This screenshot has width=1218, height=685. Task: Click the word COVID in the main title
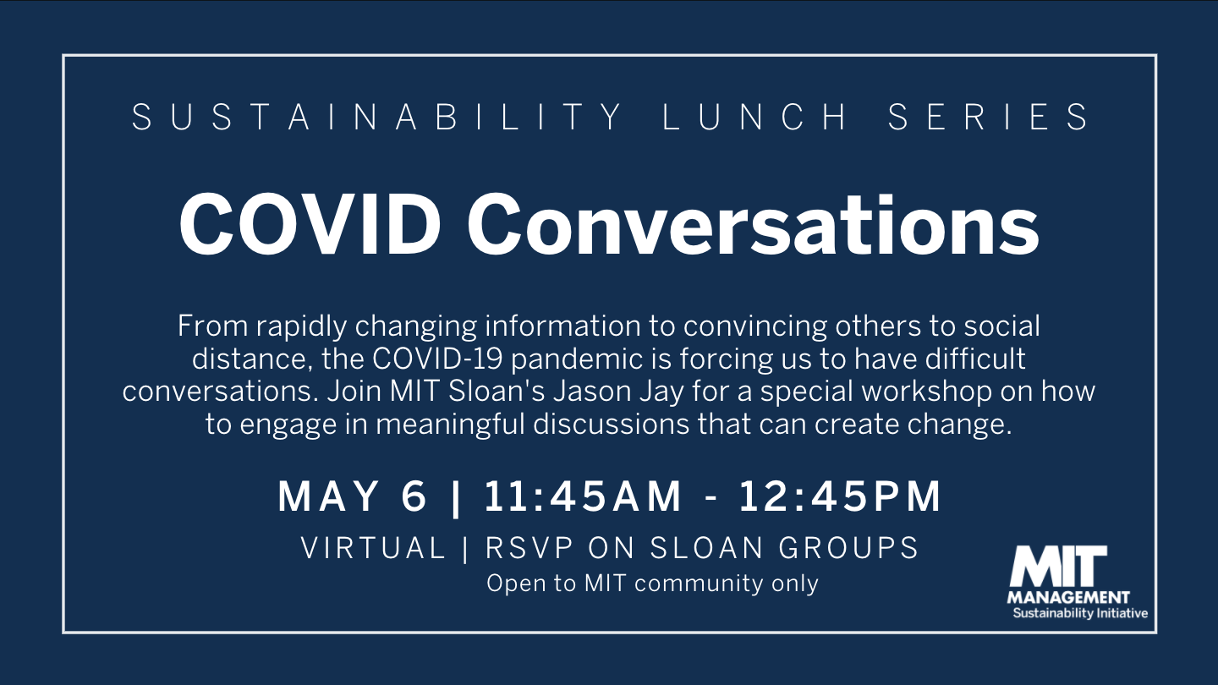(x=310, y=225)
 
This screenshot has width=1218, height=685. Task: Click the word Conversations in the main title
(x=753, y=225)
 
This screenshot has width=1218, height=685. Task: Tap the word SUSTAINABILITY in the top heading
(x=377, y=117)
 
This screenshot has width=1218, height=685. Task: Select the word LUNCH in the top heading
(x=754, y=117)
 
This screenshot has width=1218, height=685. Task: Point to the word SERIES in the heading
(x=987, y=117)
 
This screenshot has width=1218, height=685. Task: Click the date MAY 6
(x=353, y=496)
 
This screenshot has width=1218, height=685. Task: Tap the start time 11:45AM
(x=582, y=496)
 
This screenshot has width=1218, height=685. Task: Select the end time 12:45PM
(x=840, y=496)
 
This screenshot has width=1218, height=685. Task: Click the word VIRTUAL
(x=373, y=547)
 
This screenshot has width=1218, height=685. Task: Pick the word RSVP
(x=529, y=547)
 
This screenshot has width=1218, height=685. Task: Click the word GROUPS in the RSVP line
(x=848, y=547)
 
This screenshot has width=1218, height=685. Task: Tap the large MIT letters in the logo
(x=1057, y=567)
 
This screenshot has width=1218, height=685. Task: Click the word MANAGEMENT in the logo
(x=1068, y=597)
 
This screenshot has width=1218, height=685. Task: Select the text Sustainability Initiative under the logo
(x=1080, y=613)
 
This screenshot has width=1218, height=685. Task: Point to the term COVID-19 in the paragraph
(x=437, y=359)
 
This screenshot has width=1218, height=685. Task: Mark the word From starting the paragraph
(x=212, y=326)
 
